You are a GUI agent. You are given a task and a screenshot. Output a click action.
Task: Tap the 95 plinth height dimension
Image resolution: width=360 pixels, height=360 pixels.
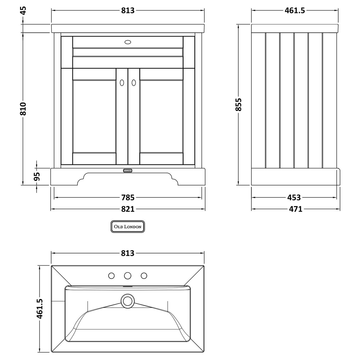click(x=36, y=176)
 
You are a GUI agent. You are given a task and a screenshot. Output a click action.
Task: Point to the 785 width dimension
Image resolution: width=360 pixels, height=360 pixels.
click(x=128, y=197)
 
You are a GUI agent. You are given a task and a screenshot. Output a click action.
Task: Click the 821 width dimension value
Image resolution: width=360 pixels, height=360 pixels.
click(x=128, y=209)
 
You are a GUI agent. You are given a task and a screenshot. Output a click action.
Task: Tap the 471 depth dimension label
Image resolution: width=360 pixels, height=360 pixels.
click(x=295, y=209)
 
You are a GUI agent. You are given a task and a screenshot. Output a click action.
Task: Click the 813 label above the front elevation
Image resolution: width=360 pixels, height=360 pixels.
click(x=128, y=10)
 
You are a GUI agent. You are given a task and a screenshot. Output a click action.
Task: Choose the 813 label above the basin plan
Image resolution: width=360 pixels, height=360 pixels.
click(x=128, y=253)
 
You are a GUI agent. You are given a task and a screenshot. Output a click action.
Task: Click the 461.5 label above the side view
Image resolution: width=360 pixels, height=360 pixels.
click(x=295, y=10)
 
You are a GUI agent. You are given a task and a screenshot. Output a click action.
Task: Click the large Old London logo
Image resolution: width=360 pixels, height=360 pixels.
click(x=128, y=226)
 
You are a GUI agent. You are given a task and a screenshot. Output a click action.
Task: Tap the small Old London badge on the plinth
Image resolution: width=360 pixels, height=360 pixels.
click(x=127, y=170)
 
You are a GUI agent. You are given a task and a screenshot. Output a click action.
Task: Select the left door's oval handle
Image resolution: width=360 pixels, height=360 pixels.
click(x=121, y=83)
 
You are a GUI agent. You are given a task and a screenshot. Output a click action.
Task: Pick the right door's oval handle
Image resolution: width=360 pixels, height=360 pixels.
click(x=134, y=83)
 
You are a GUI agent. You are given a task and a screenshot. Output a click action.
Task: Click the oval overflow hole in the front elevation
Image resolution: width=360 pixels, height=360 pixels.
click(x=128, y=42)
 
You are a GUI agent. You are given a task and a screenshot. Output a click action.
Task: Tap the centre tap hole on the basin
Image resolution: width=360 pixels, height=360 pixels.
click(x=128, y=276)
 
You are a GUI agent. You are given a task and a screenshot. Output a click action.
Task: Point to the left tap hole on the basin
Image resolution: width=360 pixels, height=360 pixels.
click(x=111, y=276)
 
